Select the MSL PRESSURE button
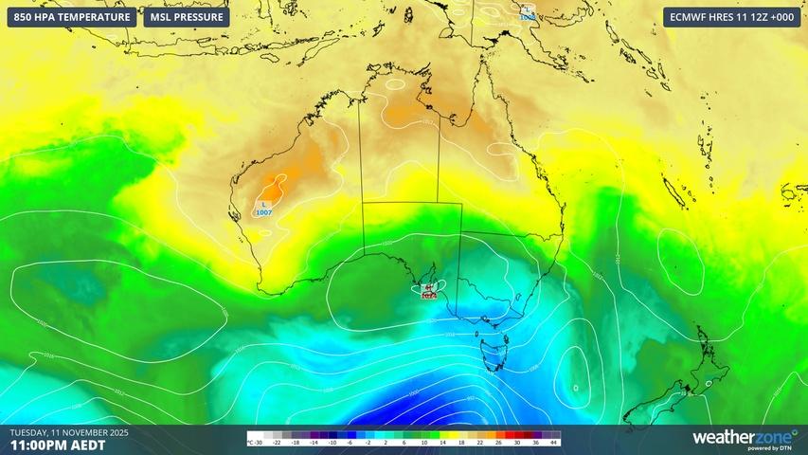click(x=187, y=17)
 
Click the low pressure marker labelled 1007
click(x=263, y=209)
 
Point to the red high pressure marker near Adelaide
click(x=428, y=291)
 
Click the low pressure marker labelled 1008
click(x=527, y=12)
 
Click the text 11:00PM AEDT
click(x=58, y=444)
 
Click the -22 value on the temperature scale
click(x=277, y=442)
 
